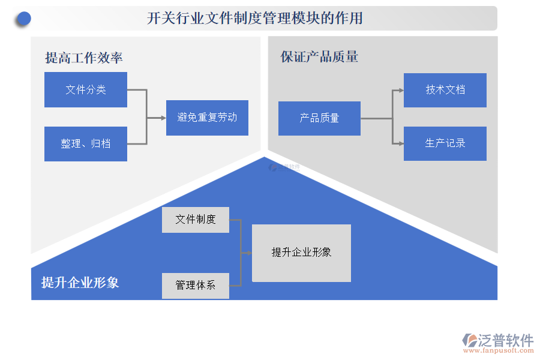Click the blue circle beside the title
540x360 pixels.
(x=23, y=19)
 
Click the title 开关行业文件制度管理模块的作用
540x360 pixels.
(x=255, y=19)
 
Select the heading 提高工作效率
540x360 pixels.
(x=84, y=58)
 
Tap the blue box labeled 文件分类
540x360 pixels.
(x=86, y=90)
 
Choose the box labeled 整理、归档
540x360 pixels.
(x=86, y=144)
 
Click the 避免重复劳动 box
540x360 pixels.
(x=207, y=118)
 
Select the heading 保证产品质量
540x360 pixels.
(x=319, y=57)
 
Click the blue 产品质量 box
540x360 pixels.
(x=319, y=118)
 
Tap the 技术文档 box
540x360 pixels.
(x=445, y=90)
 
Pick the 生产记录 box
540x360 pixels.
(x=445, y=143)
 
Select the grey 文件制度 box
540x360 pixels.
(x=196, y=220)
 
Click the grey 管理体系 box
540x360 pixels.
(x=196, y=286)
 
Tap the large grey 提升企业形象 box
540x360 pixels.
(x=301, y=253)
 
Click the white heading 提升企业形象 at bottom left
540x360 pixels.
(x=80, y=283)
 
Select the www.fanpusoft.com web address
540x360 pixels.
(x=497, y=352)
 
